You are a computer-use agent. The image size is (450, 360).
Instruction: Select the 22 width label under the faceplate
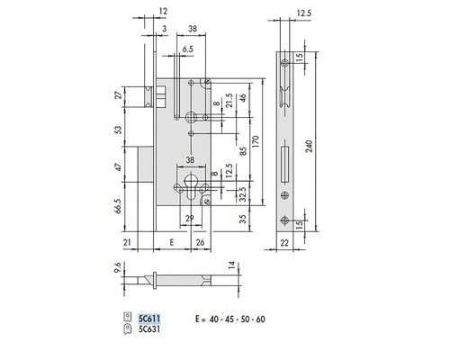click(285, 243)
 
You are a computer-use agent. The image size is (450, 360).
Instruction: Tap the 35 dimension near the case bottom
click(242, 219)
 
